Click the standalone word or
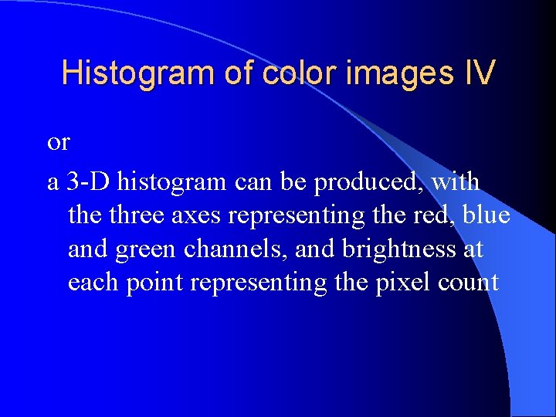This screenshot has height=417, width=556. (x=59, y=143)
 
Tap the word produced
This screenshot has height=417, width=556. (x=360, y=184)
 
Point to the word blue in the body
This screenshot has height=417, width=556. (x=486, y=215)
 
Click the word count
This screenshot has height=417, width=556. (x=467, y=283)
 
